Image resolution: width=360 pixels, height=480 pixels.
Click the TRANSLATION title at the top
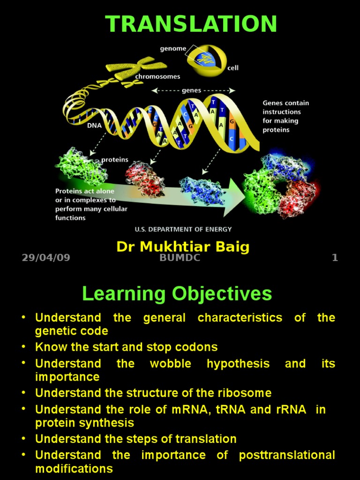pyautogui.click(x=191, y=24)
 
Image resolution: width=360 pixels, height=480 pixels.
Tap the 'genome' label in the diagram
pyautogui.click(x=173, y=48)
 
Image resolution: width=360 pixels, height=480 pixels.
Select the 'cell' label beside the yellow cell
pyautogui.click(x=233, y=68)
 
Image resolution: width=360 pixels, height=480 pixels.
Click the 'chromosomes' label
pyautogui.click(x=157, y=76)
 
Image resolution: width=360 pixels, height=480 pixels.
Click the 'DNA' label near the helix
pyautogui.click(x=94, y=126)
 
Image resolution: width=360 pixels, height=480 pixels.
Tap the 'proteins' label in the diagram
pyautogui.click(x=115, y=160)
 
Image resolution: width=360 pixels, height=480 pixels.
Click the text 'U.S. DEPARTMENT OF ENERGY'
pyautogui.click(x=183, y=229)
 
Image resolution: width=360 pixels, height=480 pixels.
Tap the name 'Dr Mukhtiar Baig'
pyautogui.click(x=183, y=247)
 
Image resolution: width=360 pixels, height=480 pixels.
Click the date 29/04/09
pyautogui.click(x=46, y=258)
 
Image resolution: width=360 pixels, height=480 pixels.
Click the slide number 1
pyautogui.click(x=335, y=258)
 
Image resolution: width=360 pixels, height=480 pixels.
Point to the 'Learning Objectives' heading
pyautogui.click(x=177, y=294)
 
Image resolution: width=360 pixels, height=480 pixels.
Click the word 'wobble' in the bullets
pyautogui.click(x=170, y=364)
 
